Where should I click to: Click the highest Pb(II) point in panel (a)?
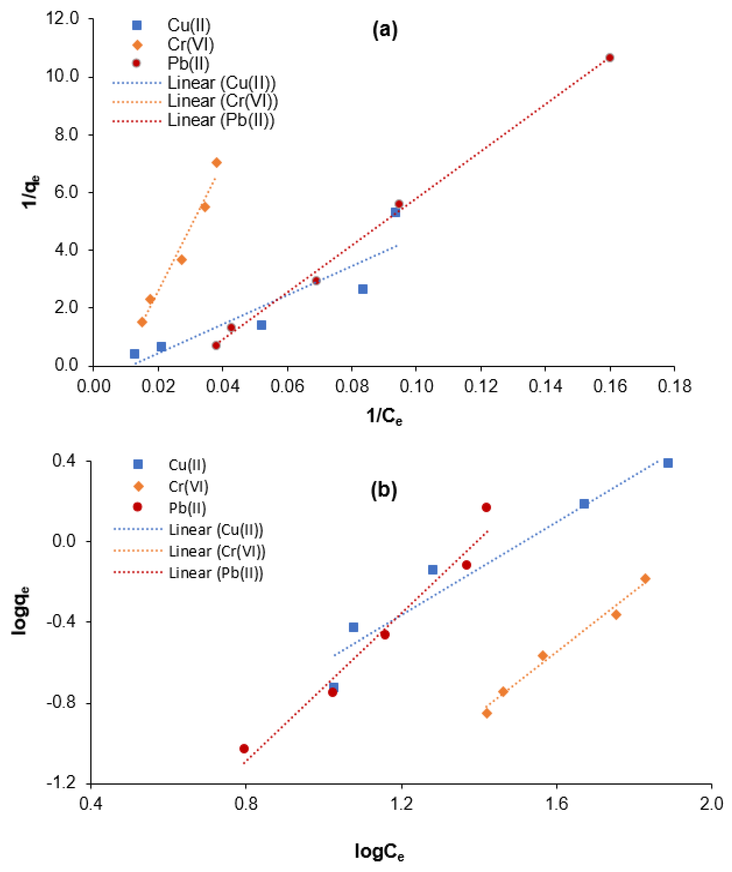(x=610, y=58)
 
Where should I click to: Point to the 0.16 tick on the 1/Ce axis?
(x=610, y=386)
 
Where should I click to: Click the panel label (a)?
(x=385, y=30)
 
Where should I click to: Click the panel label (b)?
(x=383, y=490)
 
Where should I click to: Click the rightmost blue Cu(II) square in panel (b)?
(x=668, y=463)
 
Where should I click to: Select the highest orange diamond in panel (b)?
(x=645, y=579)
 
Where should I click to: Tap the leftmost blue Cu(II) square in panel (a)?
(x=134, y=354)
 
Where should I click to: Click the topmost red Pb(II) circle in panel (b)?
(x=486, y=507)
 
